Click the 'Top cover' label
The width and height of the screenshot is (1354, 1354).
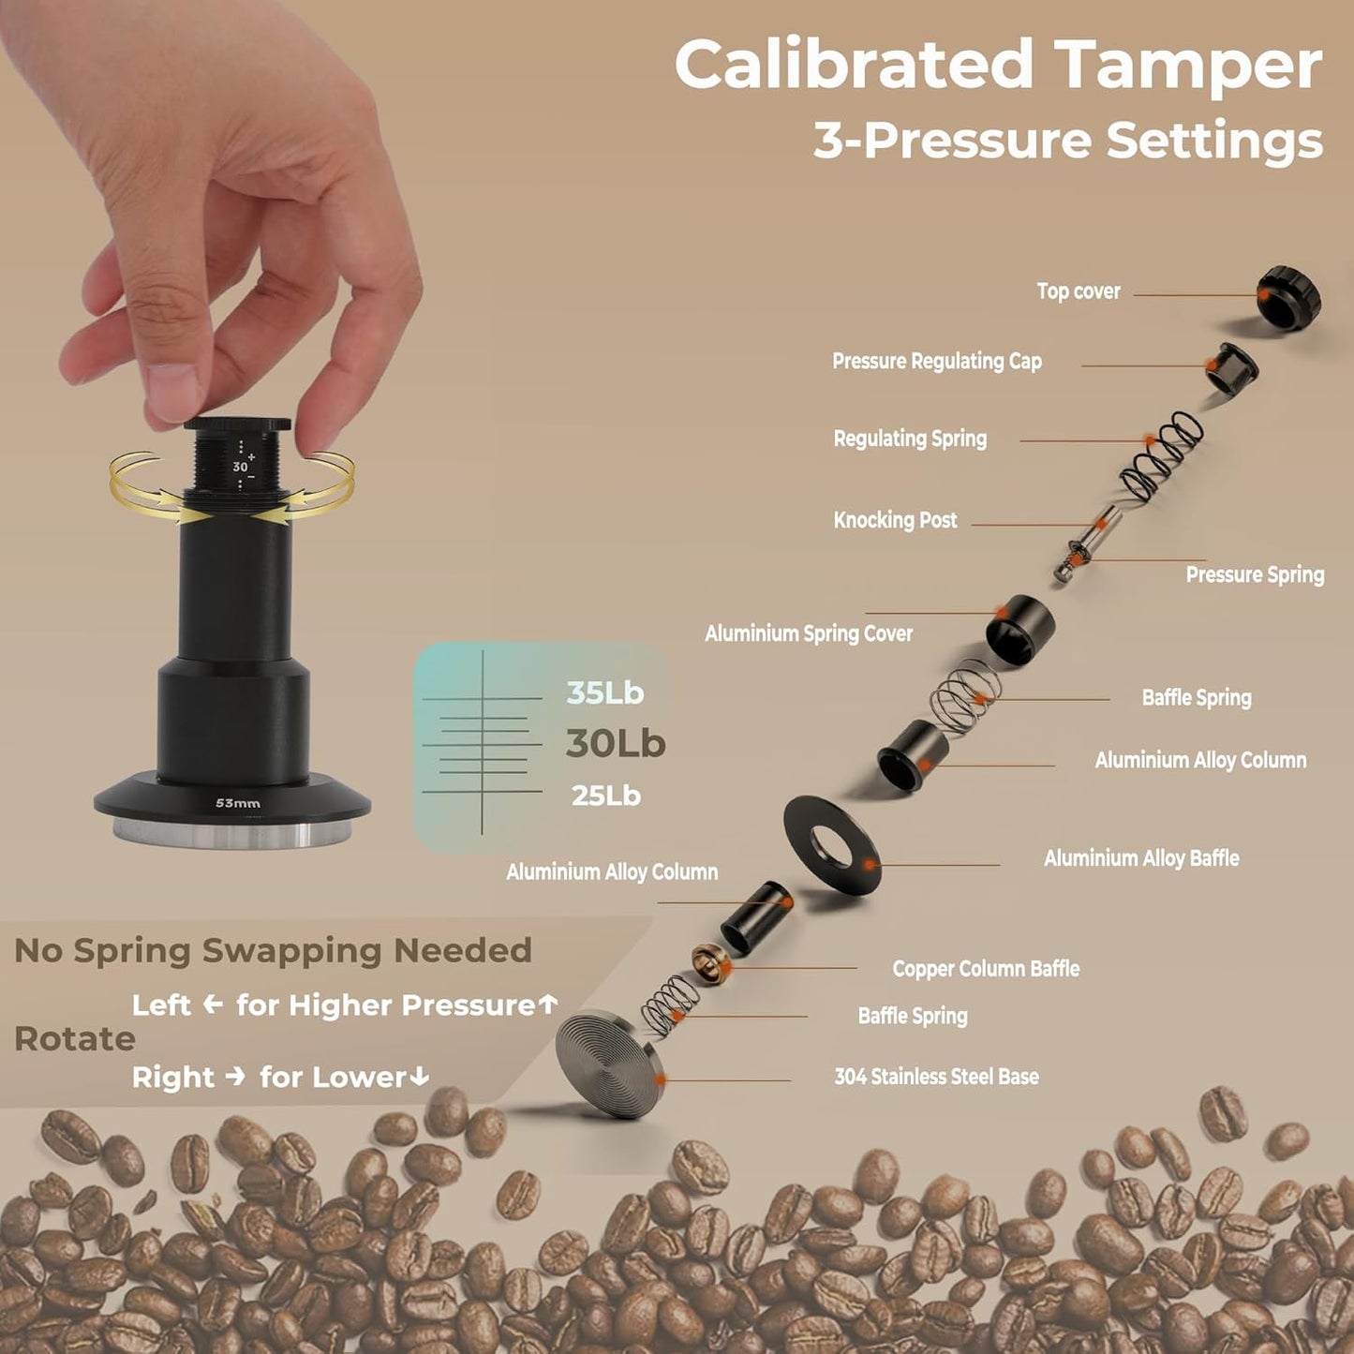[x=1078, y=291]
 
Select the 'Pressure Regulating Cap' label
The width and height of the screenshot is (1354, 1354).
[x=936, y=362]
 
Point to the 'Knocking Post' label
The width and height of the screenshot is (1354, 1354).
[x=895, y=520]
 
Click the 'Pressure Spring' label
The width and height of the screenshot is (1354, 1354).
[x=1255, y=574]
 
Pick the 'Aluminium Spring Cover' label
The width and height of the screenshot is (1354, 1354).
[x=808, y=633]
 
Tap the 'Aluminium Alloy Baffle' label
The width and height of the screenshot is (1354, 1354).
[x=1140, y=858]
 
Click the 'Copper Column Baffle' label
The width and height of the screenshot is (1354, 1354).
[x=986, y=969]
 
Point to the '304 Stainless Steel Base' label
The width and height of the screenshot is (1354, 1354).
[x=936, y=1077]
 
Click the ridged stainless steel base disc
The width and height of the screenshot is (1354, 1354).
[x=608, y=1063]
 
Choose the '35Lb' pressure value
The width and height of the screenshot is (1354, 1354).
[x=604, y=693]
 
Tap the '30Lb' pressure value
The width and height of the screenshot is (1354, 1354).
[x=615, y=744]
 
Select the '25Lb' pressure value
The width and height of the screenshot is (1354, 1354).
[x=605, y=796]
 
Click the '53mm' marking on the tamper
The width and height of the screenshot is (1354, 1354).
[x=238, y=803]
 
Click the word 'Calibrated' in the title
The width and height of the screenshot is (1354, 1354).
[x=854, y=65]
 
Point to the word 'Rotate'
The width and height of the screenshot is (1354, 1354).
[x=74, y=1039]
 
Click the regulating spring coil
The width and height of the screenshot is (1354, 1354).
[x=1163, y=456]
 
